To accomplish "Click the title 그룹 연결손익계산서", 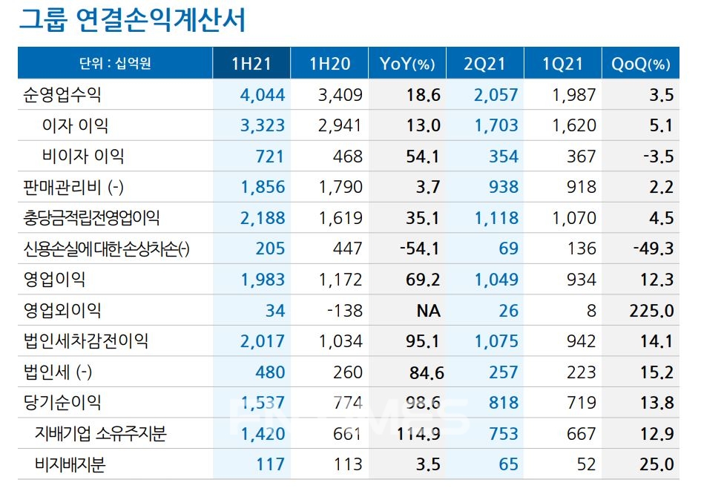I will (x=131, y=20).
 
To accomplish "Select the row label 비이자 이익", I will (x=83, y=156).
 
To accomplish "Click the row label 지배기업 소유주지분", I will (x=100, y=433).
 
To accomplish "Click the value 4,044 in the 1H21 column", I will (x=262, y=95).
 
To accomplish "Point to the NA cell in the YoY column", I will (x=428, y=310).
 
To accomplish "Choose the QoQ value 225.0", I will (x=653, y=310).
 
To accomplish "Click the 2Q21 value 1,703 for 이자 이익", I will (x=496, y=125).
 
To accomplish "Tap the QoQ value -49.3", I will (x=653, y=248).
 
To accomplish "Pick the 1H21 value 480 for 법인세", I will (x=270, y=372).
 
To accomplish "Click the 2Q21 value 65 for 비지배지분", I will (x=508, y=464).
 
